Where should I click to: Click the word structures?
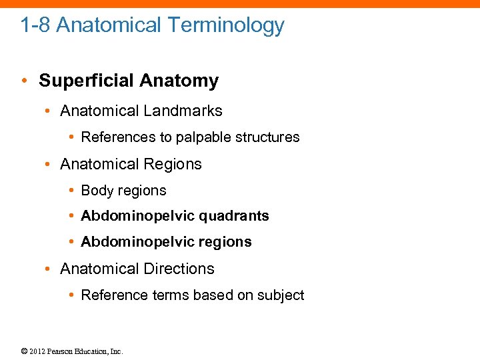268,137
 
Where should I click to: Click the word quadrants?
235,216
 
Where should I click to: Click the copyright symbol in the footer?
24,351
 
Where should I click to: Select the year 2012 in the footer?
38,351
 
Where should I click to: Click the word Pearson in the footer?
61,351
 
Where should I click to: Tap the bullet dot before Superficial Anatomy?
24,81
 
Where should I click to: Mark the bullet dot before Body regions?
71,191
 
